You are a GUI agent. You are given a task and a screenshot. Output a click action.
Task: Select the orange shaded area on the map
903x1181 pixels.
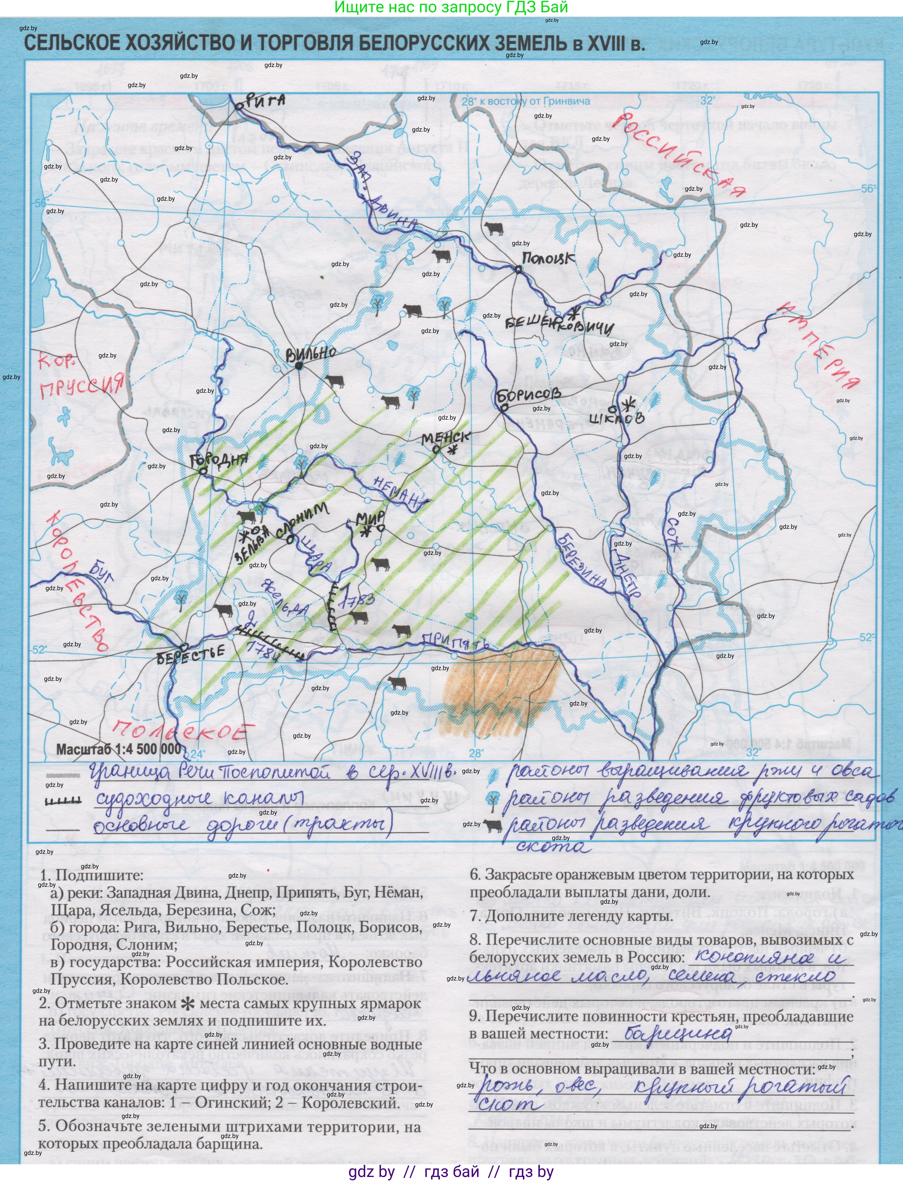[x=500, y=699]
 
